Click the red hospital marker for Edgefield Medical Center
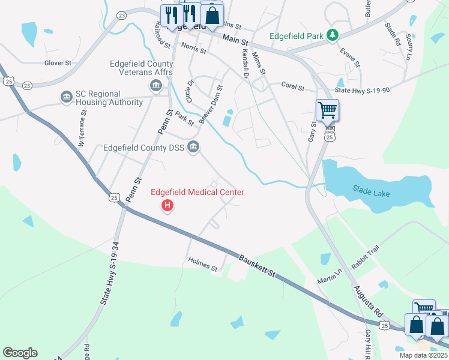point(168,206)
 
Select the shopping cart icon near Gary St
point(327,110)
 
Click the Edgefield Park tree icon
point(333,36)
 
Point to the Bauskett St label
point(257,265)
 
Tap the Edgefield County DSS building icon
point(193,147)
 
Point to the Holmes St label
point(202,263)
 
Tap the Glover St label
point(58,62)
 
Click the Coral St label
point(293,86)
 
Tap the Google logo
point(20,353)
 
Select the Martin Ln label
point(330,277)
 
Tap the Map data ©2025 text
point(423,355)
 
